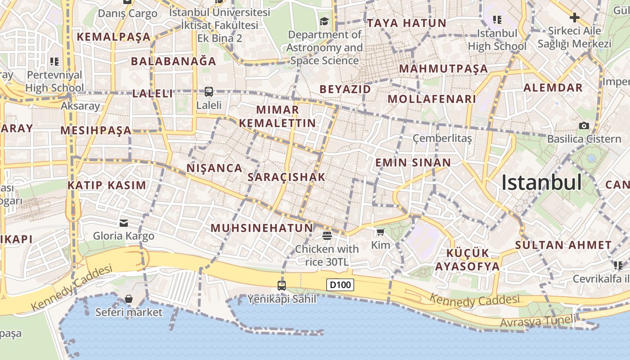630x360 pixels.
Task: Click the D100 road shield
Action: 340,285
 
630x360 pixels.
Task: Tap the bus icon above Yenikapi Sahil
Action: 282,285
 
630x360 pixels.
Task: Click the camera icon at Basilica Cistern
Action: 584,126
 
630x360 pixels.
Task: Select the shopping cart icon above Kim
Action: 381,232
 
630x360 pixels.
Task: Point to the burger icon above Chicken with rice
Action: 327,235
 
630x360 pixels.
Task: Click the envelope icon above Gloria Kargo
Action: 124,223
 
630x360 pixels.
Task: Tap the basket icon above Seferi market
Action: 129,298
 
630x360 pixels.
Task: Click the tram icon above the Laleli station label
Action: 209,92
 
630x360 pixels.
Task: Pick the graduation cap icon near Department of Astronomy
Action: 324,21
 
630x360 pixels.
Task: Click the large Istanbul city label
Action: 541,183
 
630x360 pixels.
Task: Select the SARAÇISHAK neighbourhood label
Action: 287,177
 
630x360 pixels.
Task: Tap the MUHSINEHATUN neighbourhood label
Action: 262,228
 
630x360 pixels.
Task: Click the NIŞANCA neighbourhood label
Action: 215,168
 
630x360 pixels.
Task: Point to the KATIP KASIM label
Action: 107,185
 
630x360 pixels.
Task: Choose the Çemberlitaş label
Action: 442,138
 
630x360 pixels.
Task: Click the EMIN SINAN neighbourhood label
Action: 413,162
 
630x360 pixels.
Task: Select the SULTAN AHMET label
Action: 563,245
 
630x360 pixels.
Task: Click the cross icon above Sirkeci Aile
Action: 574,18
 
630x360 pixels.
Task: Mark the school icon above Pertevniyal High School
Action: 54,61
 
